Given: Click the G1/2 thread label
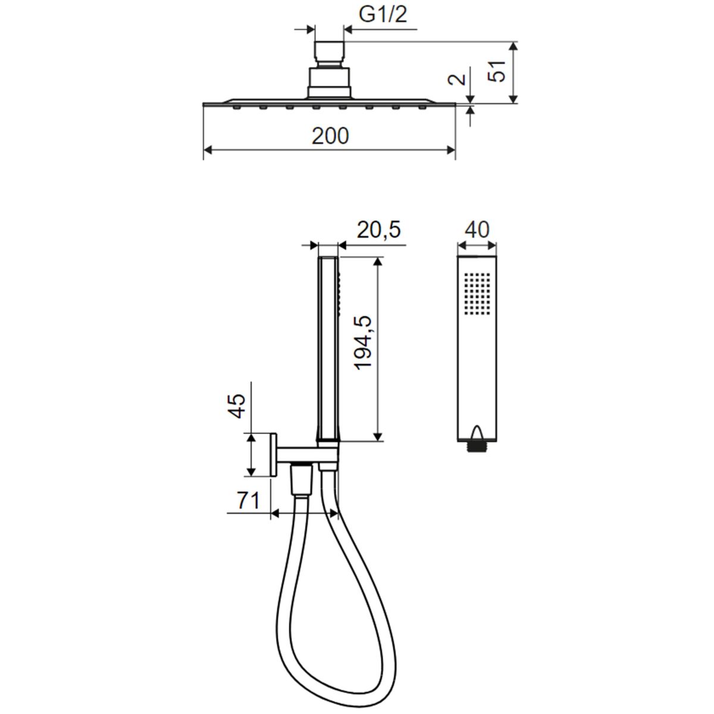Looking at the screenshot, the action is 383,15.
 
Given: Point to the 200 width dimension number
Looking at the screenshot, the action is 330,136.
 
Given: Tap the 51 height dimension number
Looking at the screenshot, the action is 496,71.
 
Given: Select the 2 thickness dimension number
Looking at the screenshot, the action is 457,79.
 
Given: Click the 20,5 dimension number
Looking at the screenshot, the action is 378,230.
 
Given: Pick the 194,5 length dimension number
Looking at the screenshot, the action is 363,343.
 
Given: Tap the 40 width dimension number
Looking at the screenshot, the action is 477,230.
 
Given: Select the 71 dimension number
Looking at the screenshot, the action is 248,502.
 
